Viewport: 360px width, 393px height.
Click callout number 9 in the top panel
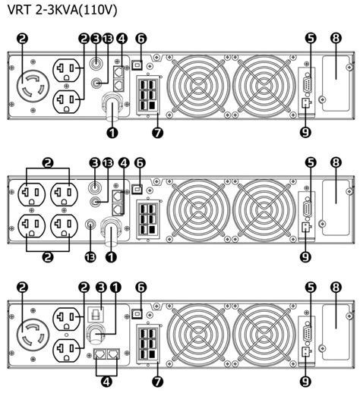point(304,133)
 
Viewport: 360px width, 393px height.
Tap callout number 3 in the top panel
point(95,38)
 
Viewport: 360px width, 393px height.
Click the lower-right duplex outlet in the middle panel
point(65,227)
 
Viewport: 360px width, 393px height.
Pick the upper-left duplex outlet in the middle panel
point(32,193)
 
